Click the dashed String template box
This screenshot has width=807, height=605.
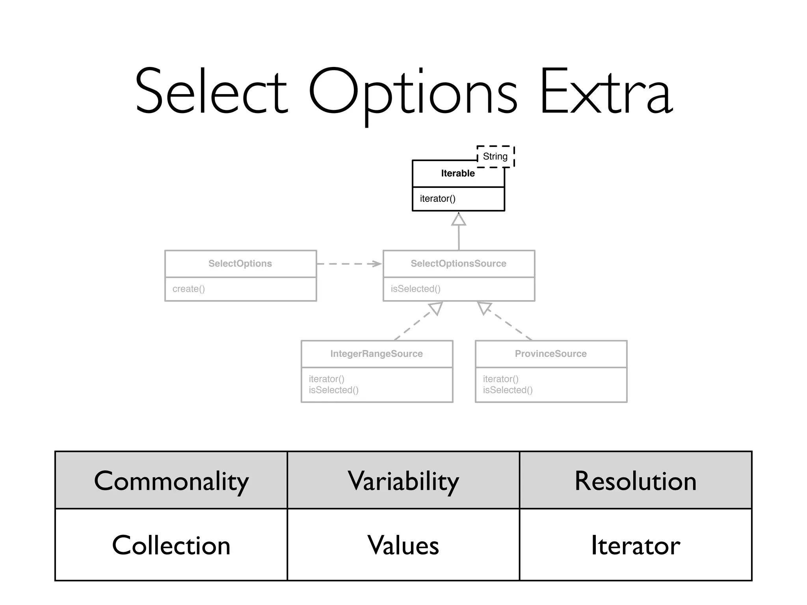tap(495, 156)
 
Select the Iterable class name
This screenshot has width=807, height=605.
tap(458, 173)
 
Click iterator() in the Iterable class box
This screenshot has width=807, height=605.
tap(437, 199)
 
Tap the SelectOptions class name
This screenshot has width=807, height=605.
tap(240, 264)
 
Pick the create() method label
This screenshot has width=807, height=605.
tap(189, 289)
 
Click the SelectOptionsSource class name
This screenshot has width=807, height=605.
tap(458, 264)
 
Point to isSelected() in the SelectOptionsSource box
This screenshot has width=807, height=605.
tap(415, 289)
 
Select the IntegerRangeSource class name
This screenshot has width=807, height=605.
tap(376, 354)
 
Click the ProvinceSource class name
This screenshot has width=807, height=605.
tap(550, 354)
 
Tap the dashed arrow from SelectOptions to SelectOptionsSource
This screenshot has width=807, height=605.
tap(349, 264)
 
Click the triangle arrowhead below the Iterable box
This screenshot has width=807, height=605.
tap(459, 220)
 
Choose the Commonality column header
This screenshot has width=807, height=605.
tap(171, 481)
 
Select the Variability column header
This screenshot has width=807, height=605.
tap(403, 481)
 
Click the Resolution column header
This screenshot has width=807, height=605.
tap(635, 481)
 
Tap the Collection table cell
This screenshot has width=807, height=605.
tap(171, 545)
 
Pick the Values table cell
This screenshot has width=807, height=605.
tap(403, 545)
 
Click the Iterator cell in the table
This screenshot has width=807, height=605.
tap(635, 545)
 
